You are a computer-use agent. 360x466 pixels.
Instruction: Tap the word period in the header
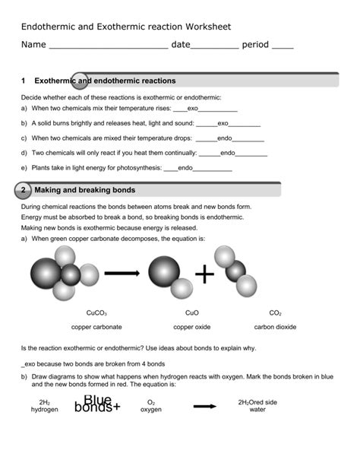tap(254, 45)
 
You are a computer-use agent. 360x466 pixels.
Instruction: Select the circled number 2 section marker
tap(24, 190)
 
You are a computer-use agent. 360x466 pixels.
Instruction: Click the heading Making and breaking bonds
tap(85, 190)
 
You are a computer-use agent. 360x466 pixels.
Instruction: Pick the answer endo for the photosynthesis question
tap(185, 167)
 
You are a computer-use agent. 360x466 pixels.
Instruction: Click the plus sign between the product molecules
tap(204, 274)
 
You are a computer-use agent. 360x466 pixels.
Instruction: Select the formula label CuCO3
tap(96, 313)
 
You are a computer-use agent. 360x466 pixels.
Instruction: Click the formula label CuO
tap(191, 313)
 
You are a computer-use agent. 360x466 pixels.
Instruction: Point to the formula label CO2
tap(275, 313)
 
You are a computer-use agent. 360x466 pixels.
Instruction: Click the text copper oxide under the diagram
tap(192, 328)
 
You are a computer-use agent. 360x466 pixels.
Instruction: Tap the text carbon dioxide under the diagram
tap(275, 328)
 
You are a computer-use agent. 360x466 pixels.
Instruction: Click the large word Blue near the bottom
tap(98, 401)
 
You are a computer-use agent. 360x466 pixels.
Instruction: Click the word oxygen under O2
tap(151, 410)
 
